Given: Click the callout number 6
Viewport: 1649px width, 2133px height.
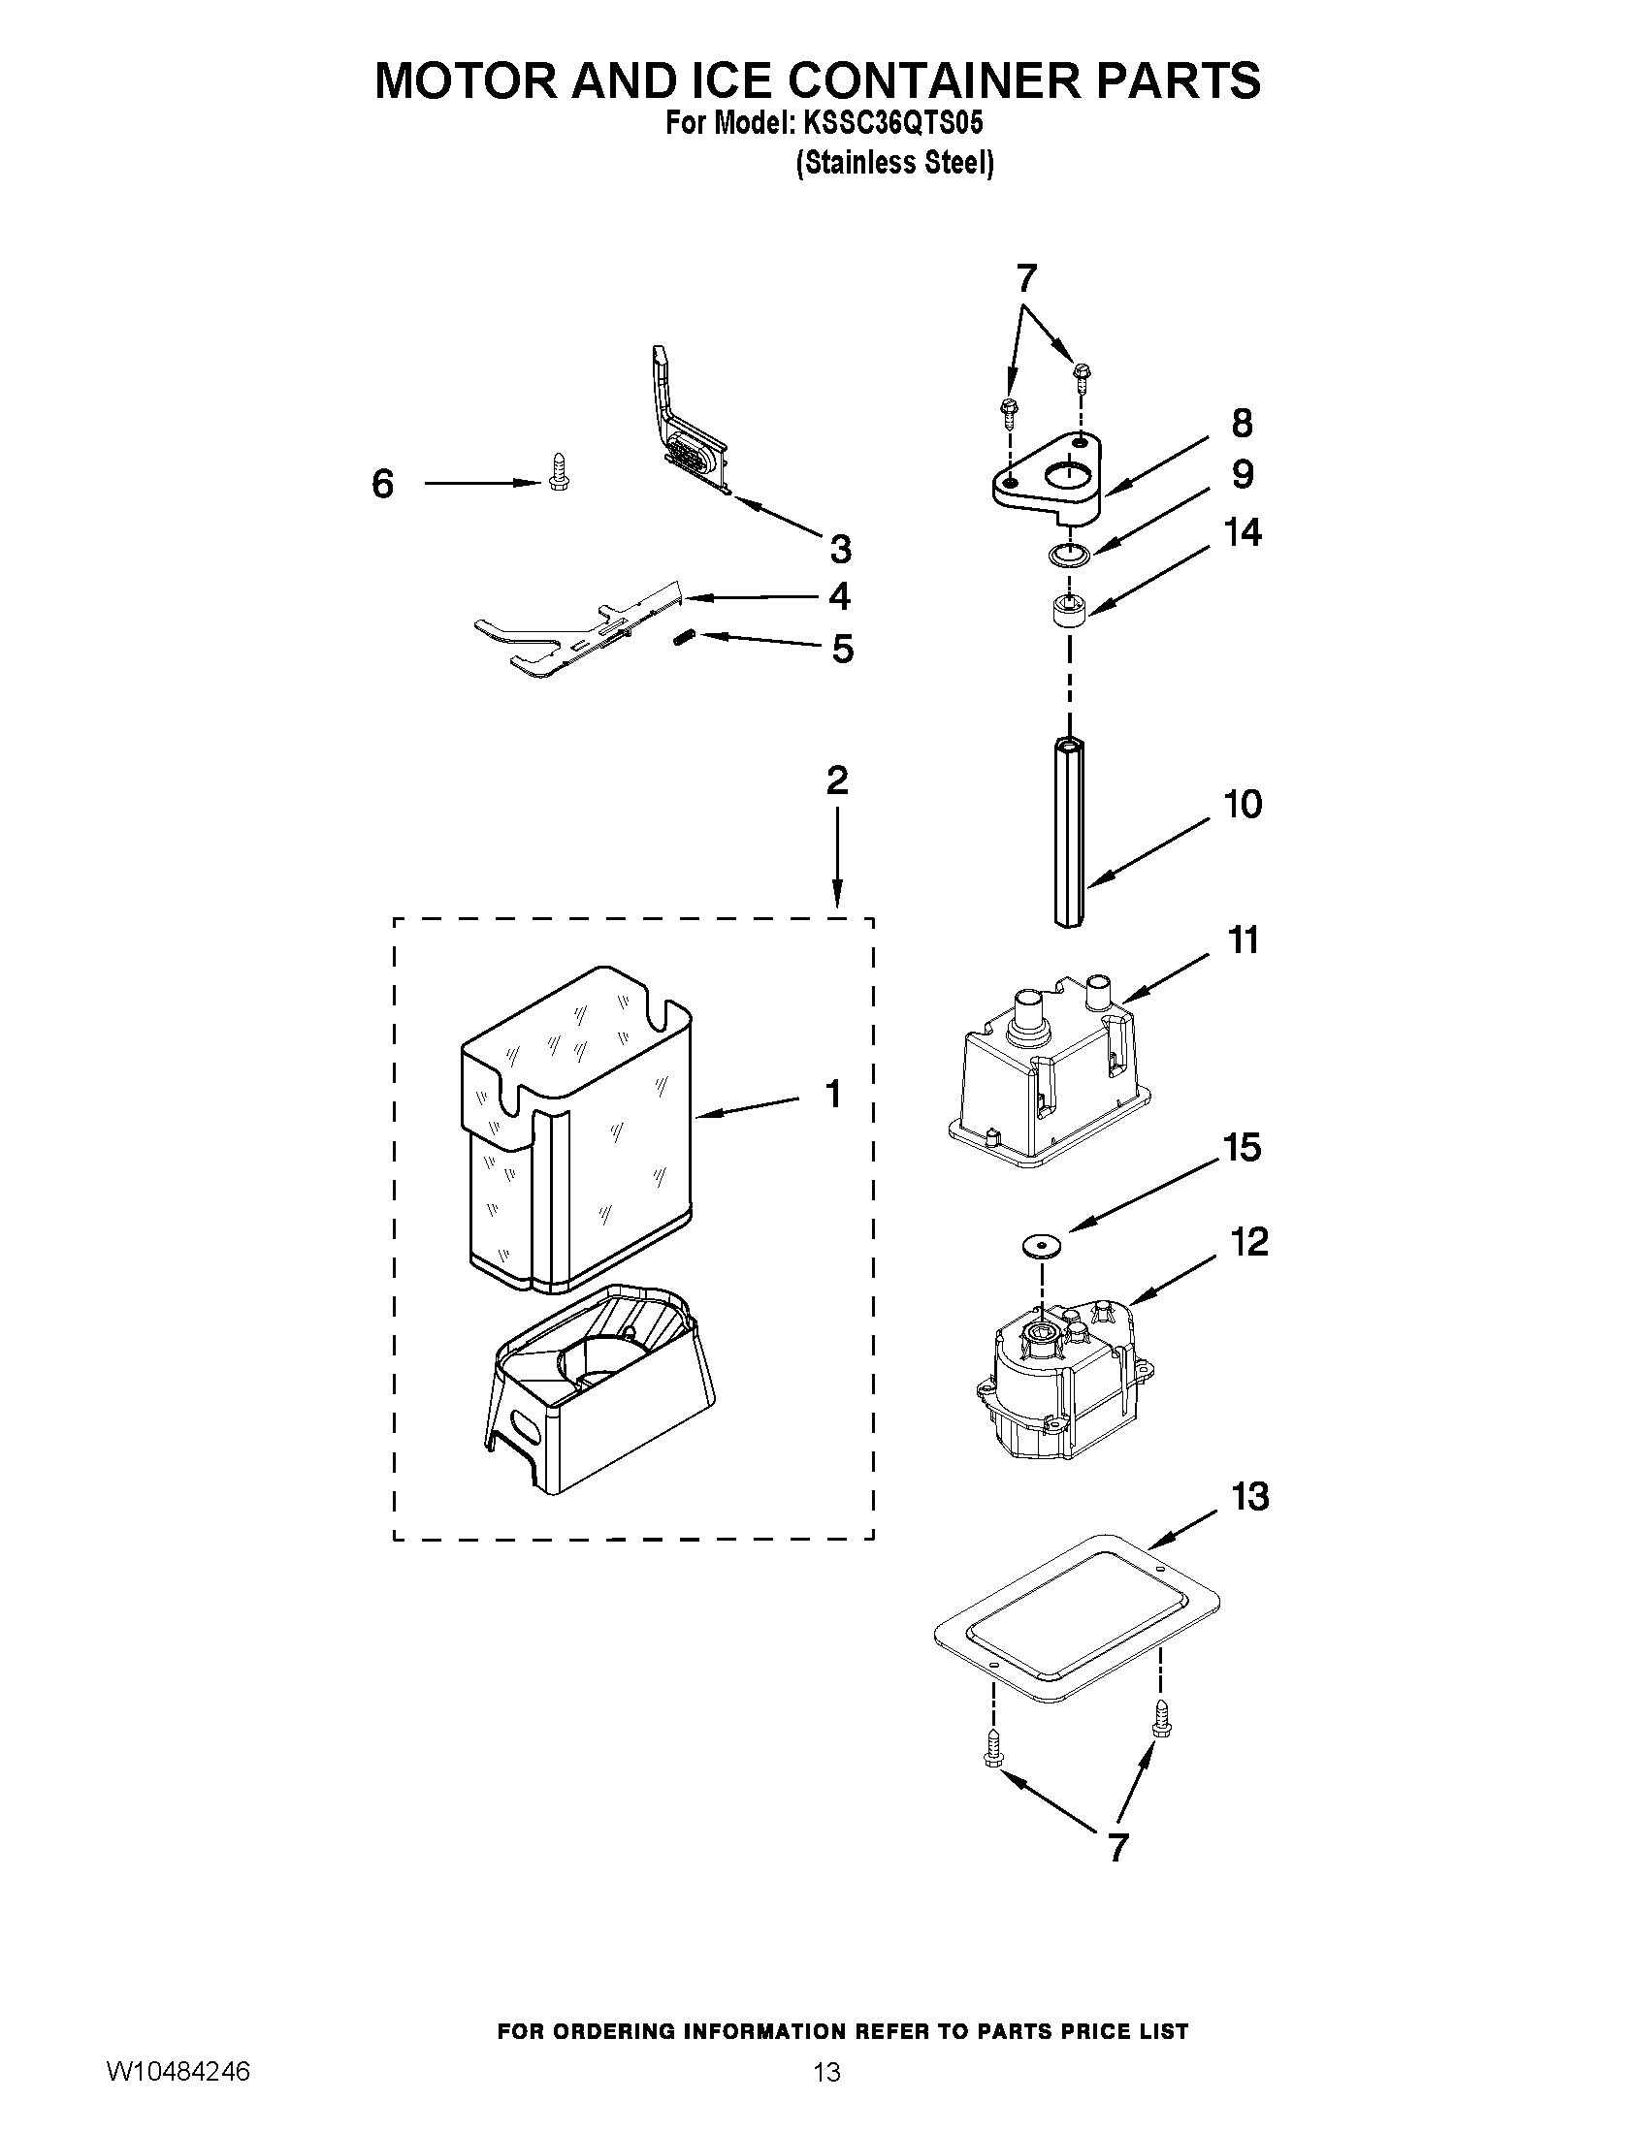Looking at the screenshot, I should point(382,484).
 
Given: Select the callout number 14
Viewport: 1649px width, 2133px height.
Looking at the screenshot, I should point(1243,532).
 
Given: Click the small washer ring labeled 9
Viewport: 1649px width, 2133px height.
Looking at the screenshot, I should point(1069,556).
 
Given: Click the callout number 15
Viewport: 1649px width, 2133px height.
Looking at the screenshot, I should point(1243,1148).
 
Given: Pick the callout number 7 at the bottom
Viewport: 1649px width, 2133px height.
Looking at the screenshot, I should point(1117,1847).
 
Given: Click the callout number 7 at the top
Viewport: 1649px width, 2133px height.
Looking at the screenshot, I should point(1024,279).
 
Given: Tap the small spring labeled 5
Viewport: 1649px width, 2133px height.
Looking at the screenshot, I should point(683,638).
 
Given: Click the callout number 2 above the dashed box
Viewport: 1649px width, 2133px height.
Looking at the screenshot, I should point(837,780).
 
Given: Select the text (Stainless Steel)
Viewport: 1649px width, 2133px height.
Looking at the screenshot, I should point(895,162).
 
